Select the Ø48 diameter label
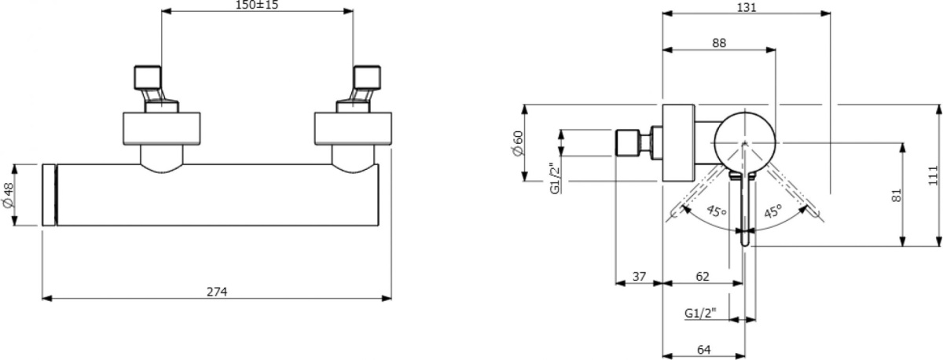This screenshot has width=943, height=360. (9, 195)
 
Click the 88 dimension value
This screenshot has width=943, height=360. (719, 44)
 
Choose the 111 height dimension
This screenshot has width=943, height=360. (931, 174)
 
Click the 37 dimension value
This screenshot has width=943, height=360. (639, 277)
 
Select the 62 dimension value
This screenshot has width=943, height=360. (703, 277)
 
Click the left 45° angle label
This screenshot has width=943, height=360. (714, 211)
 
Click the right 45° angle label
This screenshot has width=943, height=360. (773, 211)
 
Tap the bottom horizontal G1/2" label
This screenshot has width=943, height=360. (701, 314)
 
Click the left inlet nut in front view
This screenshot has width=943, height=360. (146, 78)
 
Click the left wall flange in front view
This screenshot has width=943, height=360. (163, 130)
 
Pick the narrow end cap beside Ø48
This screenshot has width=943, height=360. (49, 195)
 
